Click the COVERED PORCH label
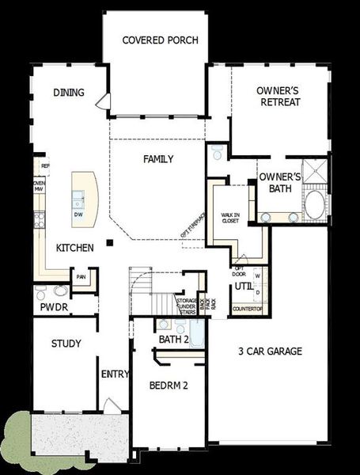pyautogui.click(x=160, y=40)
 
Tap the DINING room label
pyautogui.click(x=69, y=93)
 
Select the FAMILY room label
pyautogui.click(x=158, y=159)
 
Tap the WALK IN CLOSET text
pyautogui.click(x=230, y=218)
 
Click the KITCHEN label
pyautogui.click(x=75, y=248)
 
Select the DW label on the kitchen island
pyautogui.click(x=78, y=215)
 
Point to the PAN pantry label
pyautogui.click(x=81, y=277)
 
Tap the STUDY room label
pyautogui.click(x=66, y=344)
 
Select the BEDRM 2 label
pyautogui.click(x=168, y=386)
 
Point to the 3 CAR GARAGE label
pyautogui.click(x=271, y=351)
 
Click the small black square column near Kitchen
pyautogui.click(x=111, y=242)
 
